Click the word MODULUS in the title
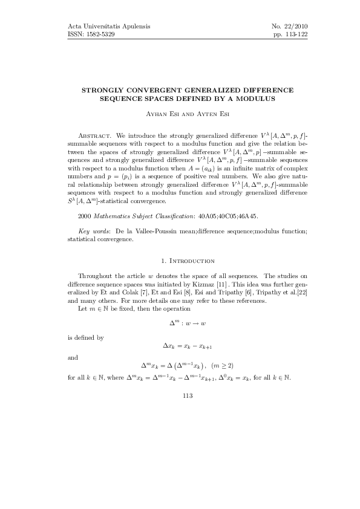pyautogui.click(x=257, y=97)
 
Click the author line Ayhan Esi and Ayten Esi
pyautogui.click(x=180, y=114)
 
